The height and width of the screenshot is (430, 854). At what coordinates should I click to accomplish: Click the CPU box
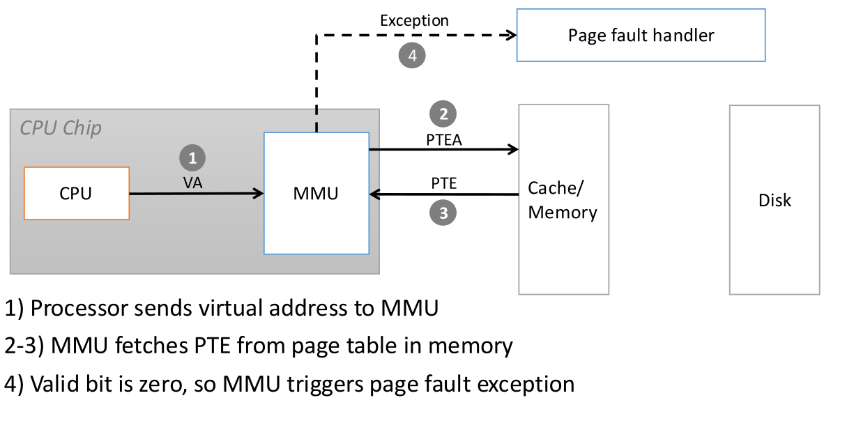[77, 194]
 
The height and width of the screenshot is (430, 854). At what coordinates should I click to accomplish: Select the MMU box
[316, 193]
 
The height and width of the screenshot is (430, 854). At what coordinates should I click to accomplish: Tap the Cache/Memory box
[563, 199]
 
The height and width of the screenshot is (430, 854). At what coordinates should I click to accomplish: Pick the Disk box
[775, 200]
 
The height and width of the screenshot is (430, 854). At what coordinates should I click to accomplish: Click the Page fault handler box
[641, 35]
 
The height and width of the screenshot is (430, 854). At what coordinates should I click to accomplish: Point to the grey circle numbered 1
[193, 158]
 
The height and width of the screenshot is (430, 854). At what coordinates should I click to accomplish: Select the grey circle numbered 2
[443, 113]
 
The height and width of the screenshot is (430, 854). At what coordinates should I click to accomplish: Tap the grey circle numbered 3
[443, 213]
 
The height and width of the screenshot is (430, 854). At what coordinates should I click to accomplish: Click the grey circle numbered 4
[412, 56]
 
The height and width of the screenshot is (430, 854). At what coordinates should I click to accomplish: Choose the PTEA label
[443, 139]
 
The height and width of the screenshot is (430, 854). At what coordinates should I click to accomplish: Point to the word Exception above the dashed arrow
[414, 21]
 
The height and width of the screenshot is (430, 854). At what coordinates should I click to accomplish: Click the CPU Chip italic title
[61, 128]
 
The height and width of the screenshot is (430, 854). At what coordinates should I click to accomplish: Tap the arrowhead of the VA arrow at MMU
[259, 194]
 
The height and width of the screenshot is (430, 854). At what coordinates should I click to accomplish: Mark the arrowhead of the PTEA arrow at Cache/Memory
[514, 149]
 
